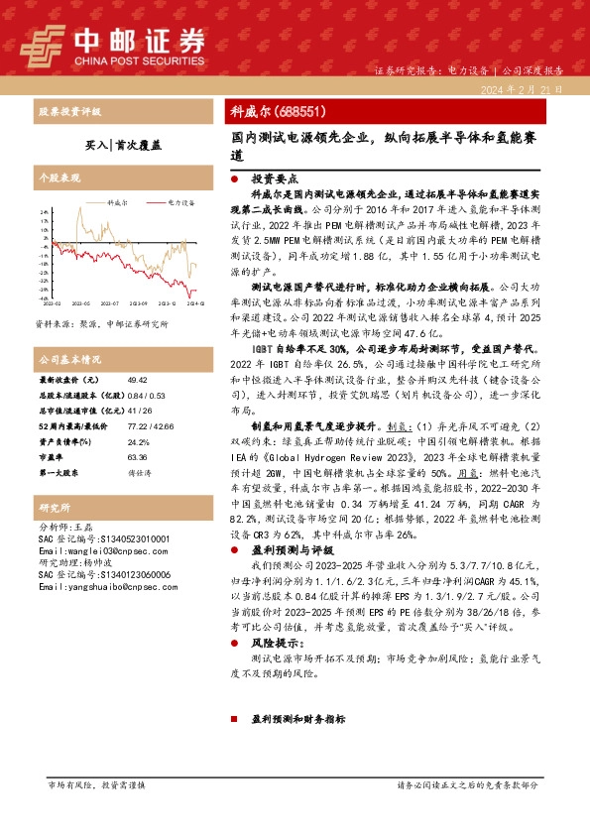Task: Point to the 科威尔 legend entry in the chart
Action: [x=112, y=201]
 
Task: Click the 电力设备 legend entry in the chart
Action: [x=180, y=201]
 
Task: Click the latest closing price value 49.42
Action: [x=138, y=380]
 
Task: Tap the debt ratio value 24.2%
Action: [x=138, y=441]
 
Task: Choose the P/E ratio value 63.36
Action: [x=138, y=458]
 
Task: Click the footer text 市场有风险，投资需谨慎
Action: [x=96, y=812]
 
